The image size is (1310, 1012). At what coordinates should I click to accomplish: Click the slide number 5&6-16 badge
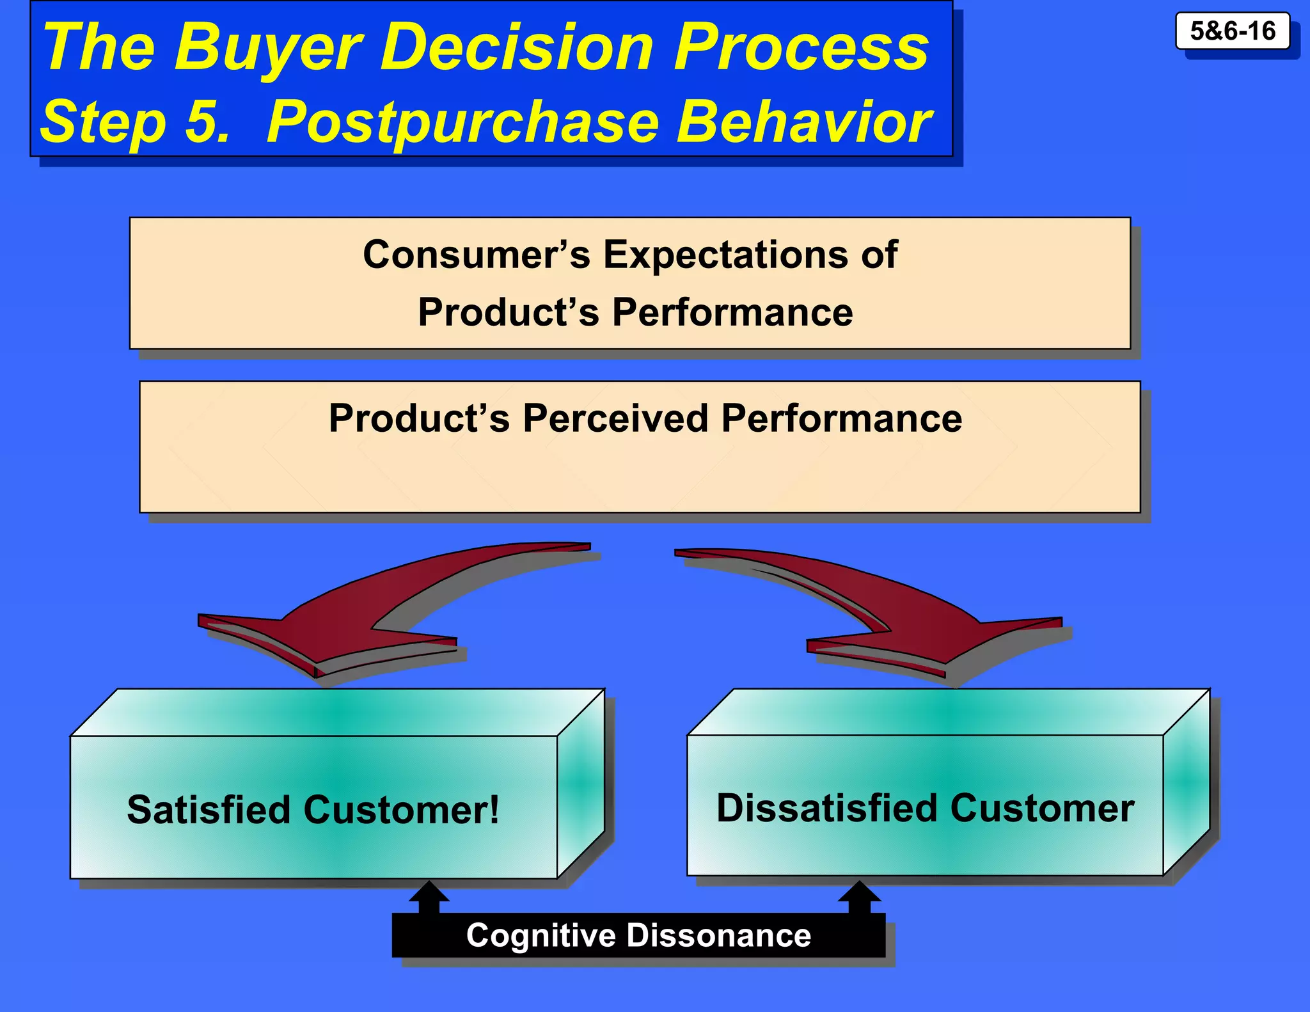1232,31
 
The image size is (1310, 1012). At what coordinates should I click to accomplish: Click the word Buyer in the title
269,48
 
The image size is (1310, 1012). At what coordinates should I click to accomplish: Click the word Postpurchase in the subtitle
462,122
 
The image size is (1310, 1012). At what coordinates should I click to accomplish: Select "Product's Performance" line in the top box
635,313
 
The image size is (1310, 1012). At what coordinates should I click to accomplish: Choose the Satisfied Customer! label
312,810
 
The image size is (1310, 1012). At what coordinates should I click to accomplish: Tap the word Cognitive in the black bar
541,936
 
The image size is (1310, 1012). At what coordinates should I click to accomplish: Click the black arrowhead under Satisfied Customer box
429,892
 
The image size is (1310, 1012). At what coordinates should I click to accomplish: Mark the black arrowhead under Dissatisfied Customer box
859,892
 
